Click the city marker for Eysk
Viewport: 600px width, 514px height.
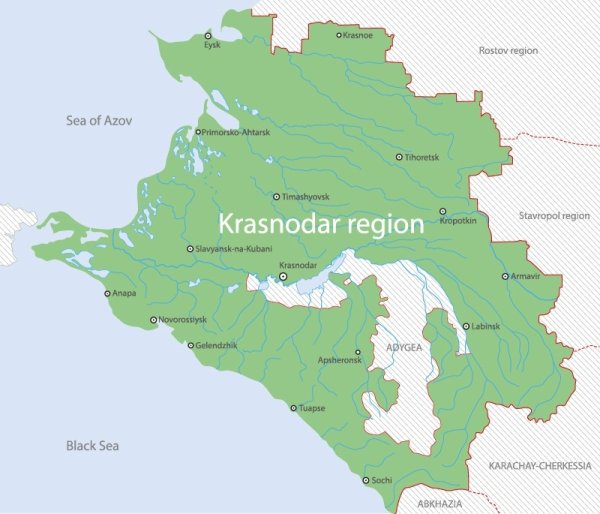coord(208,35)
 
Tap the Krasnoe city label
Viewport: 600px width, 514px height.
coord(358,35)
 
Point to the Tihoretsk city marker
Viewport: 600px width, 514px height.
coord(399,157)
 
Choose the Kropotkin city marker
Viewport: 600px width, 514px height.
coord(443,211)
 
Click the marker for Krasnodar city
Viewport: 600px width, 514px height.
coord(284,276)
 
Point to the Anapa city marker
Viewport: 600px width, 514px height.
coord(108,294)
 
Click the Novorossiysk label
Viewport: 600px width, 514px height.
coord(183,320)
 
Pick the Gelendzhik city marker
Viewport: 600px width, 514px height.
coord(191,346)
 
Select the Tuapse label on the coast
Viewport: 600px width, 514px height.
coord(314,408)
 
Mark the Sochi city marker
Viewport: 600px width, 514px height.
coord(366,481)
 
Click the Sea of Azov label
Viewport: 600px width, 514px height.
coord(99,121)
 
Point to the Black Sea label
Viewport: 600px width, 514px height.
coord(92,445)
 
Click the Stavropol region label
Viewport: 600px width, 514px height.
coord(554,215)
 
